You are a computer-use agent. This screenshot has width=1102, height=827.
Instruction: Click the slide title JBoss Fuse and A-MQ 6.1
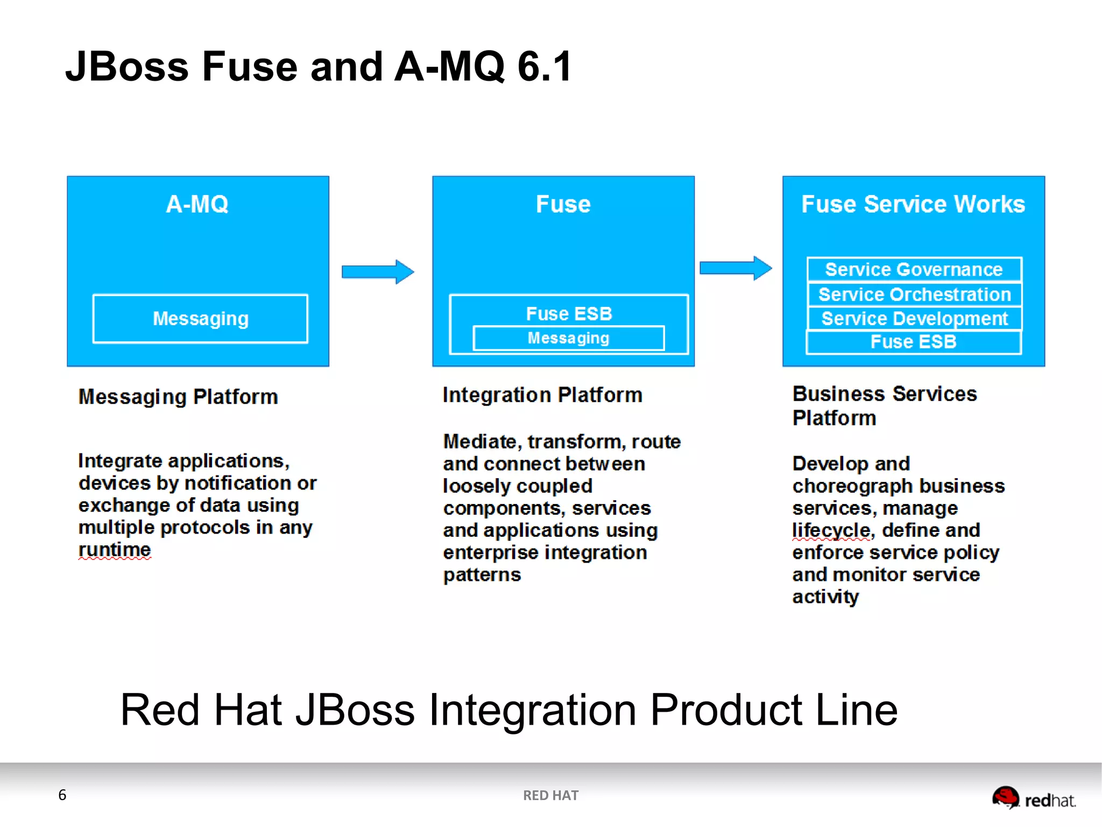[319, 67]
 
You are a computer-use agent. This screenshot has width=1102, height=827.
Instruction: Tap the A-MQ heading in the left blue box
[197, 205]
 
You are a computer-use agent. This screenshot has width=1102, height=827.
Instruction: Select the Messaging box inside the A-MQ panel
[200, 319]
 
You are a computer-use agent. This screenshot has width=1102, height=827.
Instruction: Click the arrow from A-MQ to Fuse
[378, 271]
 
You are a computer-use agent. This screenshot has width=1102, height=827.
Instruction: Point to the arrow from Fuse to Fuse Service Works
[736, 268]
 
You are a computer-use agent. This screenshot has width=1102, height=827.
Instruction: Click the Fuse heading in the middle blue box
[563, 205]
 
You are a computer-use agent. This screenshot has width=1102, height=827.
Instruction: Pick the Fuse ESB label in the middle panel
[569, 313]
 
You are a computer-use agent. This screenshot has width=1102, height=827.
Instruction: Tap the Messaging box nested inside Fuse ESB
[568, 338]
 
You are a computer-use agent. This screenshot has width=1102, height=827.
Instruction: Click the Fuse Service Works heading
[913, 205]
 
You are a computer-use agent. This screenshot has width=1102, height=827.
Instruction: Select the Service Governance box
[914, 269]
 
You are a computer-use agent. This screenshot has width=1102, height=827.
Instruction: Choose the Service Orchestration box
[914, 295]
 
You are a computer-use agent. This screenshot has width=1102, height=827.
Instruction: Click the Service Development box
[914, 319]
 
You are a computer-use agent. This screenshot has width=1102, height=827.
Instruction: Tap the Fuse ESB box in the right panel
[913, 342]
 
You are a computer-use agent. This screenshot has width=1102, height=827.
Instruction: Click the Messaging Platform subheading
[178, 397]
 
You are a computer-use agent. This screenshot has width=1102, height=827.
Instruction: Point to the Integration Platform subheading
[542, 395]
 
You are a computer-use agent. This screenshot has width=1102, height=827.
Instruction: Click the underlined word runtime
[115, 550]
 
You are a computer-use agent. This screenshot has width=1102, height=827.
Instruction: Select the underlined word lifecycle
[831, 530]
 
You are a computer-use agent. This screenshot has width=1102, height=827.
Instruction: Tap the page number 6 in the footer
[62, 795]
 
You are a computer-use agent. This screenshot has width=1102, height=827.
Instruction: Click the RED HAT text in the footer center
[550, 795]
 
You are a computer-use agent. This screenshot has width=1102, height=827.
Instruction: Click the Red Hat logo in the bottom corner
[1033, 798]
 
